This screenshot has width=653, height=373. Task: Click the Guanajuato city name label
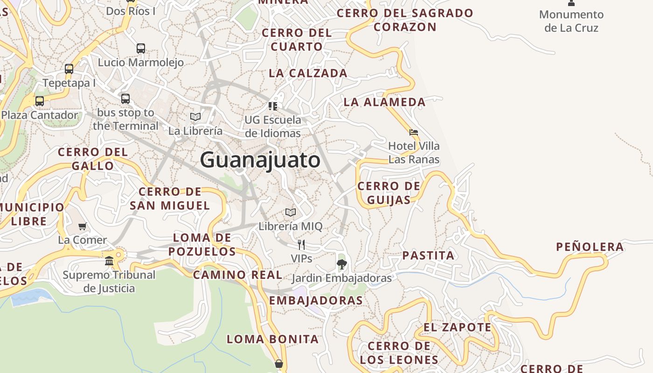click(260, 160)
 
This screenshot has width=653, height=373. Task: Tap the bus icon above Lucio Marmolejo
click(140, 48)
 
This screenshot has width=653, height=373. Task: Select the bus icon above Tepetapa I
click(69, 69)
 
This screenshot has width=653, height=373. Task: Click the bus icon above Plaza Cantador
click(40, 101)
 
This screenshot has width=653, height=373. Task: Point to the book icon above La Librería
click(195, 117)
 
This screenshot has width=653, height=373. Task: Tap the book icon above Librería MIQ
click(291, 213)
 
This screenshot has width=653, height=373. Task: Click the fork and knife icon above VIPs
click(301, 244)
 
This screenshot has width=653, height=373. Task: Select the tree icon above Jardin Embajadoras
click(341, 264)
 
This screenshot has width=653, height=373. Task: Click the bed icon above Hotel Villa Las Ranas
click(414, 132)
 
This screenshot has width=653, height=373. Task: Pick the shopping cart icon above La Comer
click(83, 227)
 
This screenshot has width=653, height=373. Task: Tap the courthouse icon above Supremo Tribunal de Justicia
click(109, 261)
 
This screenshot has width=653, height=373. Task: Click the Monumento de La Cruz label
click(571, 21)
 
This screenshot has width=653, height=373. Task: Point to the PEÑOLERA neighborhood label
click(590, 247)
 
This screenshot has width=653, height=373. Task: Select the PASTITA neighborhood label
click(428, 256)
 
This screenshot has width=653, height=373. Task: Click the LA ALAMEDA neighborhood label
click(385, 102)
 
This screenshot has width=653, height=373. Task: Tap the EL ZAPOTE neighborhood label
click(457, 328)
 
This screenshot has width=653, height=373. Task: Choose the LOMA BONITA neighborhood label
click(273, 339)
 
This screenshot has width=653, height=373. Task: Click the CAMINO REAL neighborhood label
click(237, 275)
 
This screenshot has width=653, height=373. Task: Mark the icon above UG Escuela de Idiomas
click(273, 106)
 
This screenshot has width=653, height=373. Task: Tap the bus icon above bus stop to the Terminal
click(125, 99)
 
